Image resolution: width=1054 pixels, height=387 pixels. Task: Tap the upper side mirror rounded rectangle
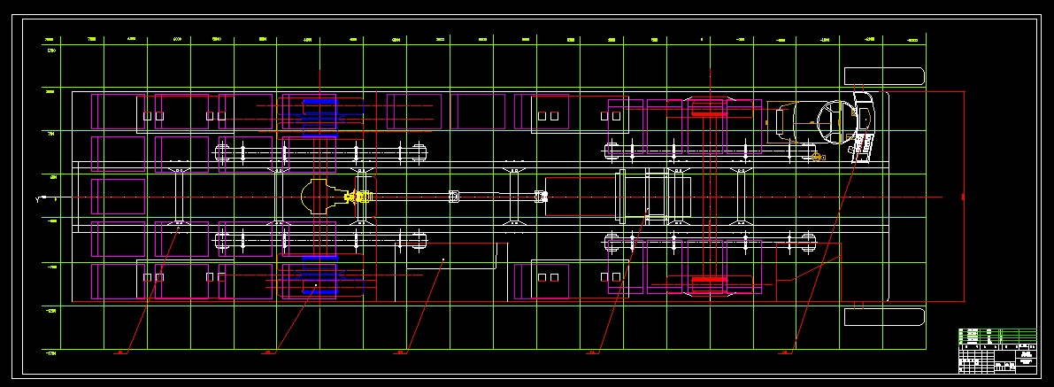884,76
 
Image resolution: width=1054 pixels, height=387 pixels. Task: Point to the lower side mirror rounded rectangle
884,316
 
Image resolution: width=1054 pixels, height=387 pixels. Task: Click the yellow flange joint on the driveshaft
360,197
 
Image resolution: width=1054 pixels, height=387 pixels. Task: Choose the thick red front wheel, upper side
708,111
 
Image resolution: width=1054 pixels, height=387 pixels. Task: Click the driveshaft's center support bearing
454,197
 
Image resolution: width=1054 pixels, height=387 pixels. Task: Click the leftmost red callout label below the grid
121,352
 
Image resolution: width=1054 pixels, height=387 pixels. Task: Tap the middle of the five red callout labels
401,352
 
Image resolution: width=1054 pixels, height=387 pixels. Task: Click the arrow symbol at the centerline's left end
41,197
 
